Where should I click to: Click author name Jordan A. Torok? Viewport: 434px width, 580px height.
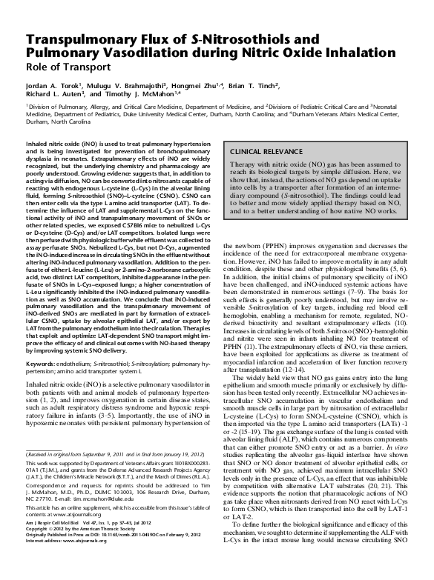coord(56,87)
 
